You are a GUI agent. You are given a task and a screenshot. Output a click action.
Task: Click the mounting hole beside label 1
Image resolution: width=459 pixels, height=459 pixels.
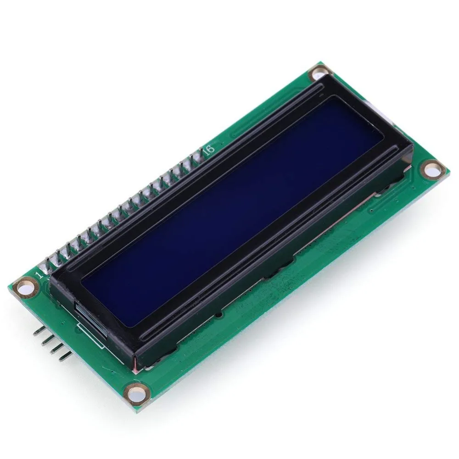22,288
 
